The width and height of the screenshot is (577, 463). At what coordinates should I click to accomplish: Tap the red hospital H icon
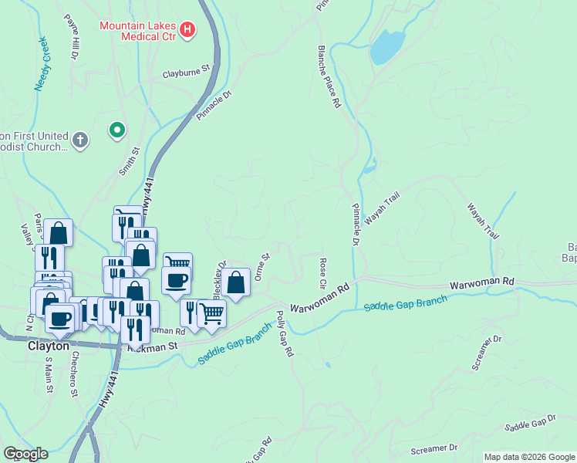coord(187,30)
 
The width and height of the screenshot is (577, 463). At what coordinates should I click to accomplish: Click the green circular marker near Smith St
coord(117,130)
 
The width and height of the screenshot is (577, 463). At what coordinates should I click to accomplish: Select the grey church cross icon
coord(80,140)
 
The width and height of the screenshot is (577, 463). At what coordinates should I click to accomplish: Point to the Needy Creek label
coord(41,63)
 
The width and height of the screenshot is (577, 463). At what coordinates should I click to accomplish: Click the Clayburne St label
coord(186,75)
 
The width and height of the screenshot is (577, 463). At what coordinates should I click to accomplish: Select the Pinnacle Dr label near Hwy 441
coord(214,106)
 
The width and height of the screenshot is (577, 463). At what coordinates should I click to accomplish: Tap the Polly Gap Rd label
coord(285,333)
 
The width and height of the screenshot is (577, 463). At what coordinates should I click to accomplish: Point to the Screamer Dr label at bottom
coord(434,448)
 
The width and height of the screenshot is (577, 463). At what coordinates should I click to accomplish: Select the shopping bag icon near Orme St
coord(238,282)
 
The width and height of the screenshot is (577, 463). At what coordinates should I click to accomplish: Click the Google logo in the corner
coord(25,454)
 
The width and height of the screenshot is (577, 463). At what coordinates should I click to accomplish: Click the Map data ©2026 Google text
coord(529,457)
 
